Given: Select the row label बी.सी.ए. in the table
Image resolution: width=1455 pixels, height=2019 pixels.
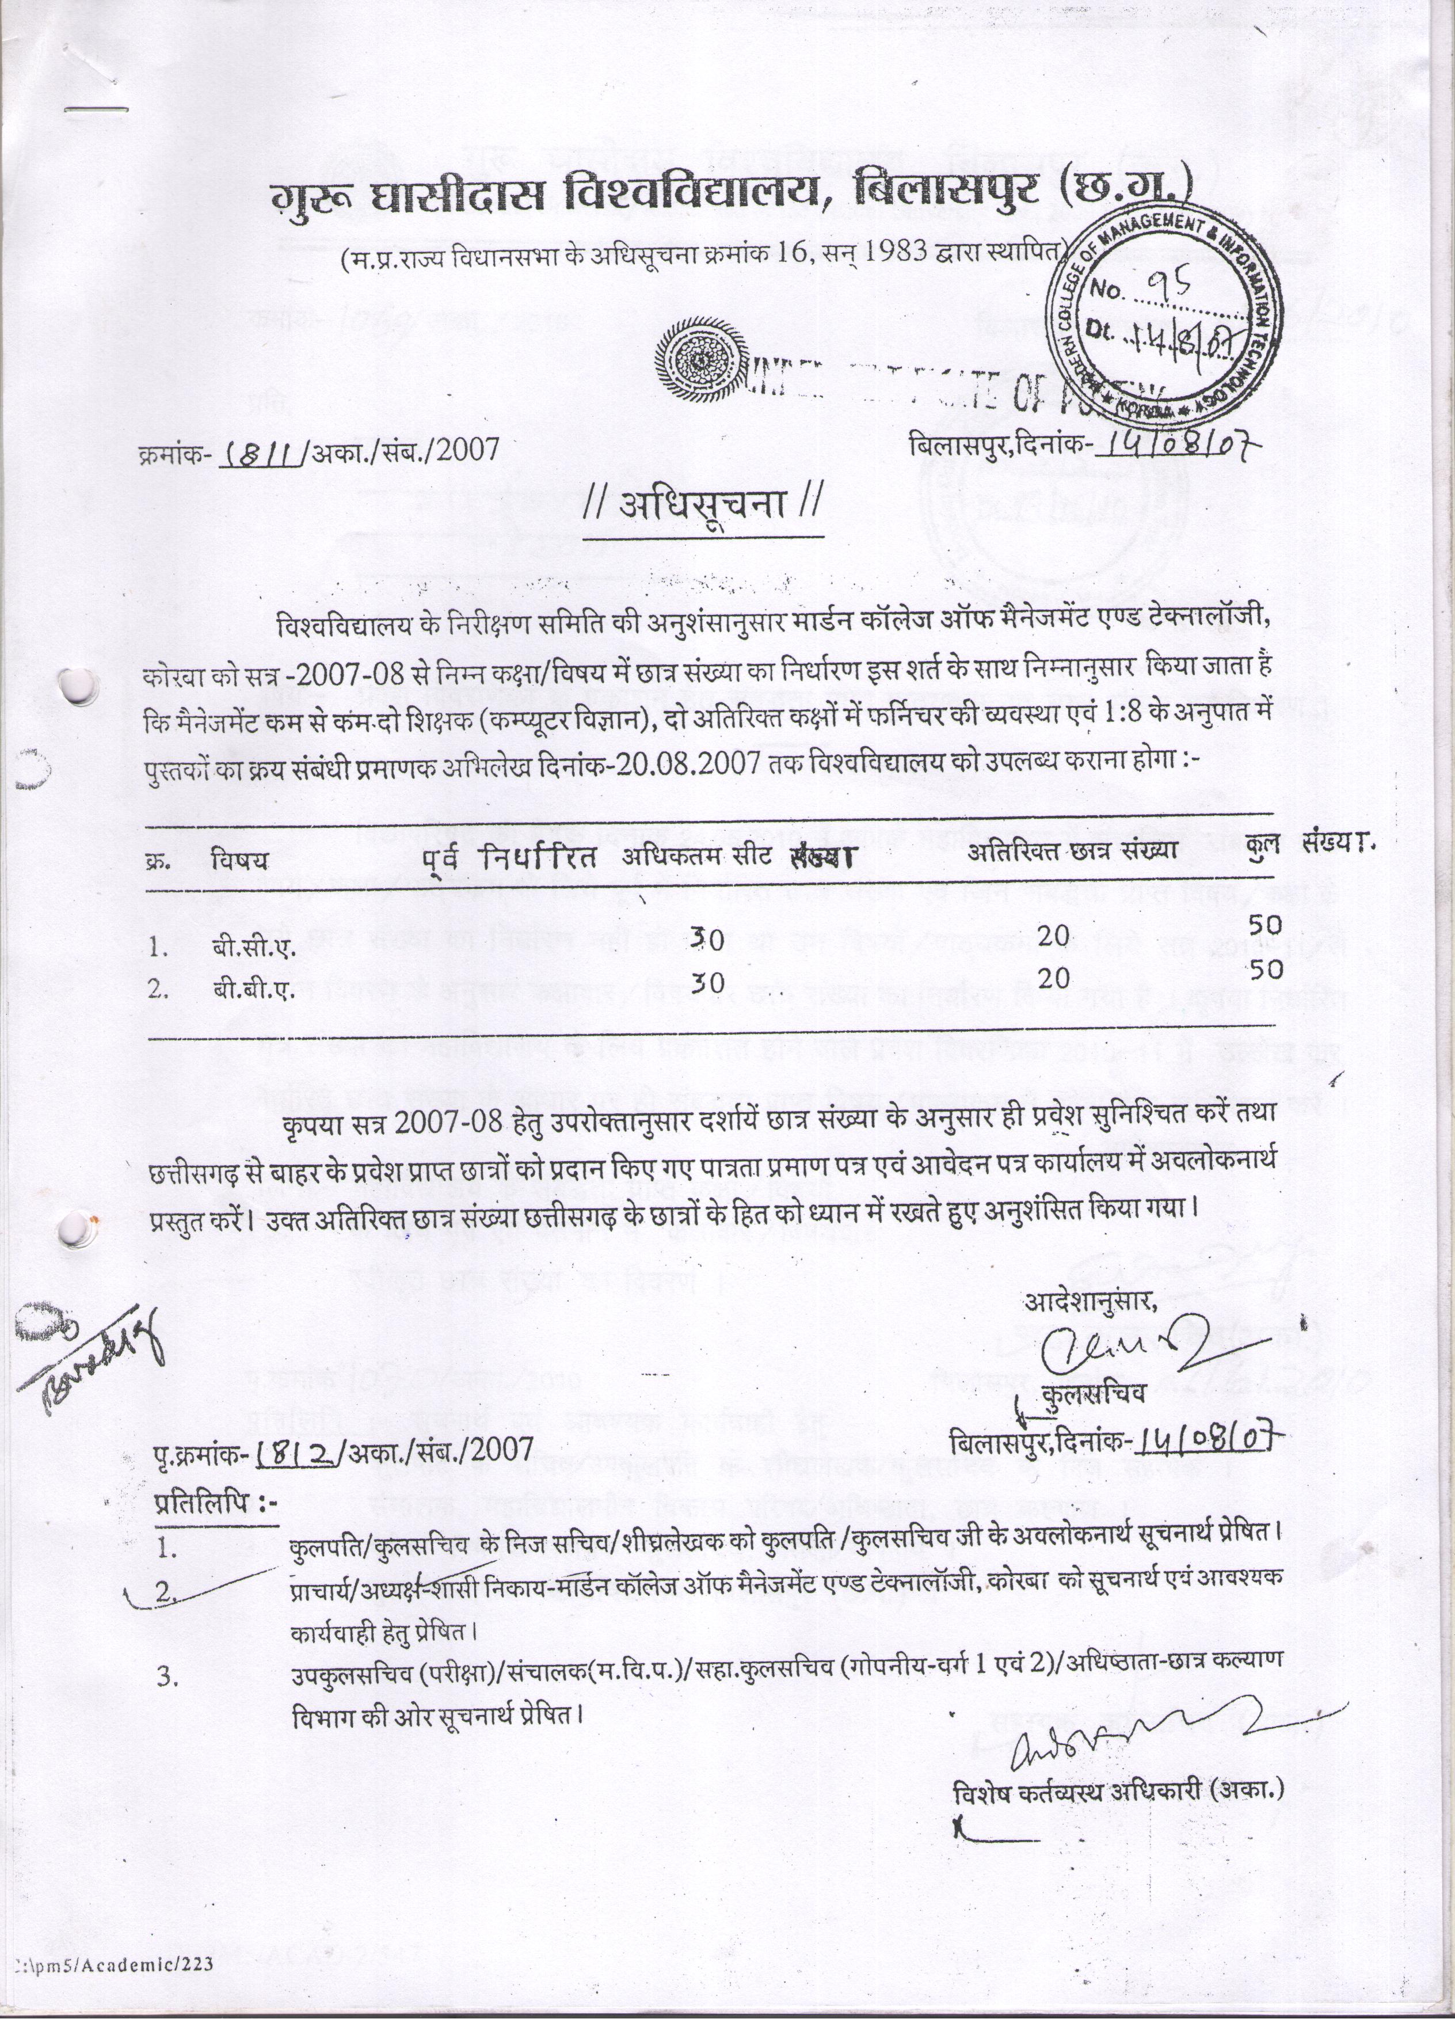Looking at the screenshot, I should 254,949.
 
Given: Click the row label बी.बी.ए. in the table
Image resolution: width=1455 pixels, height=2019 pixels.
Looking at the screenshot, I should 254,991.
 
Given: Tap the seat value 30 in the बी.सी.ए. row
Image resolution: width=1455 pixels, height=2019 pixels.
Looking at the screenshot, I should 709,938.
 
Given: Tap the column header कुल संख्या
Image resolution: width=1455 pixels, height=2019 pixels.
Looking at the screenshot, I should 1308,847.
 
